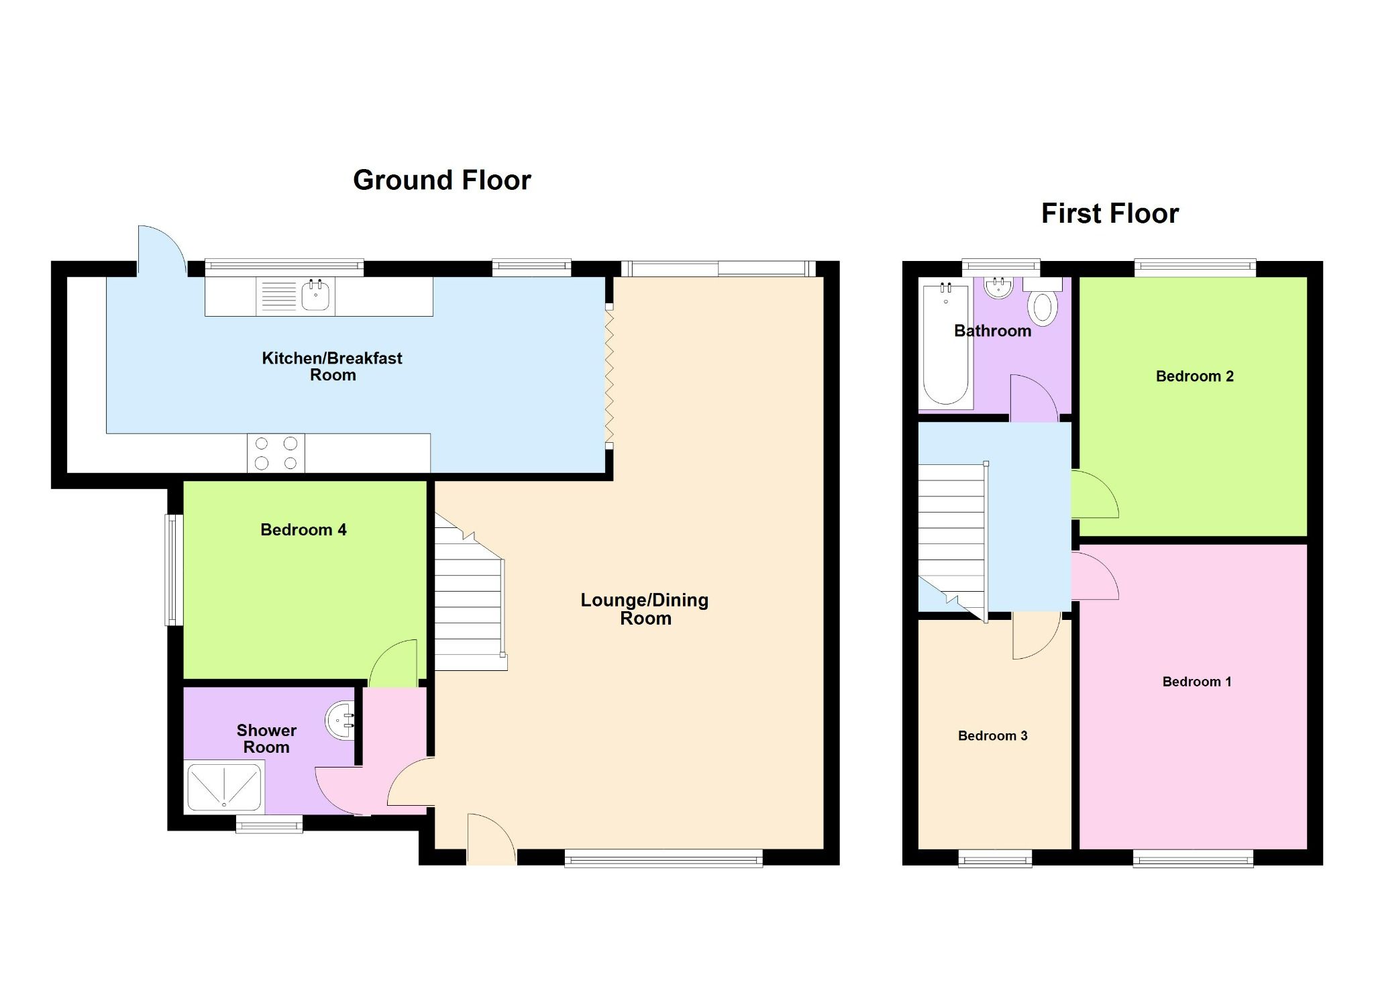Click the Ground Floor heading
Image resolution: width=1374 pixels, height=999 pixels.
pyautogui.click(x=441, y=180)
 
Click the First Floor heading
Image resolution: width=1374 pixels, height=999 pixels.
pyautogui.click(x=1109, y=213)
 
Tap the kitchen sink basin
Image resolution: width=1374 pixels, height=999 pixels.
pyautogui.click(x=315, y=295)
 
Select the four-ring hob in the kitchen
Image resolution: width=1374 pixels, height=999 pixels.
pyautogui.click(x=276, y=453)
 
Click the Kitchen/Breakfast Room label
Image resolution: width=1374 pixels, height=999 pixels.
pyautogui.click(x=332, y=366)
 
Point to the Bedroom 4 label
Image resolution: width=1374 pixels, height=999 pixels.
pyautogui.click(x=303, y=530)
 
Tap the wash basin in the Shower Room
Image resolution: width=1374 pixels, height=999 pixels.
pyautogui.click(x=340, y=721)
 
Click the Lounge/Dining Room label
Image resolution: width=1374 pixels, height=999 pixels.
pyautogui.click(x=644, y=609)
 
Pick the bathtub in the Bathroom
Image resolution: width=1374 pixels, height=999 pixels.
pyautogui.click(x=945, y=346)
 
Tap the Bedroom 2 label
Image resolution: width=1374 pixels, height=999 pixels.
pyautogui.click(x=1194, y=376)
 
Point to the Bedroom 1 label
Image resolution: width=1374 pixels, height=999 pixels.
pyautogui.click(x=1196, y=682)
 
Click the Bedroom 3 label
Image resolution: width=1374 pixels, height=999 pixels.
pyautogui.click(x=992, y=736)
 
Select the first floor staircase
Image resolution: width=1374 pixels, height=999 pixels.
pyautogui.click(x=951, y=537)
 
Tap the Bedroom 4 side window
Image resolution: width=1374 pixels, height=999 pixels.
pyautogui.click(x=174, y=570)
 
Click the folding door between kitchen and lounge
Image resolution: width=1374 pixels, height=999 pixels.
pyautogui.click(x=609, y=376)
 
